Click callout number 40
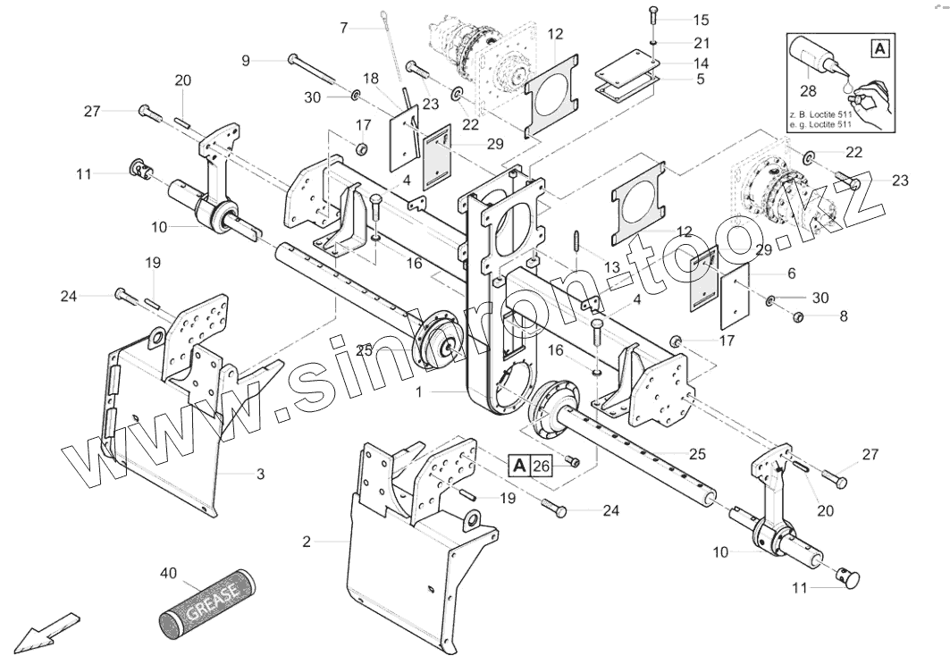[169, 572]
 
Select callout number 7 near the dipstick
[344, 27]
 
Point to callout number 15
[700, 19]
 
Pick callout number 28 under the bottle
[808, 91]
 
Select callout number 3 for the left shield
[260, 474]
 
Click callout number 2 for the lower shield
[307, 542]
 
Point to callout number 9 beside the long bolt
[246, 60]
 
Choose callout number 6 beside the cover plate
[791, 273]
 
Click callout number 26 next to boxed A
[540, 465]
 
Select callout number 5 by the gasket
[700, 79]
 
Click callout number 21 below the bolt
[700, 43]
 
